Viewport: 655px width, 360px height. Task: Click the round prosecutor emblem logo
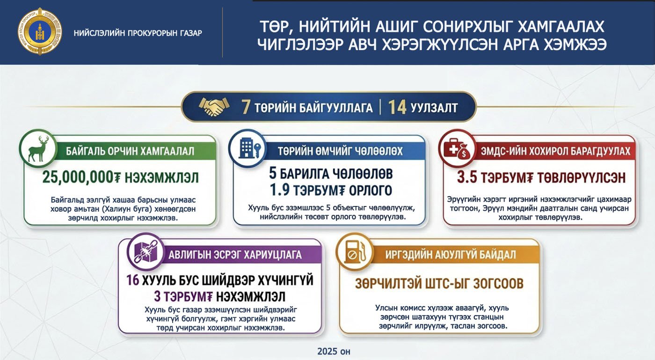point(40,32)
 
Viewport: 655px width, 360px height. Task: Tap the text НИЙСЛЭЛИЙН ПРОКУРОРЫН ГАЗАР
point(138,33)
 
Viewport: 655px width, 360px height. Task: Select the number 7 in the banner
point(246,107)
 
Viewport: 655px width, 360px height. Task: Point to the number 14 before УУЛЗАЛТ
point(397,107)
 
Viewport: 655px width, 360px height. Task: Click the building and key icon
point(247,149)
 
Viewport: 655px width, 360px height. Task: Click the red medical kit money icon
point(457,149)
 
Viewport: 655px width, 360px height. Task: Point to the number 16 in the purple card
point(134,281)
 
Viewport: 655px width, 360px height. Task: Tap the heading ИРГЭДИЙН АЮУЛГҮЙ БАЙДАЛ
point(451,255)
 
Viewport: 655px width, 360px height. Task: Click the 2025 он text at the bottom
point(333,351)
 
